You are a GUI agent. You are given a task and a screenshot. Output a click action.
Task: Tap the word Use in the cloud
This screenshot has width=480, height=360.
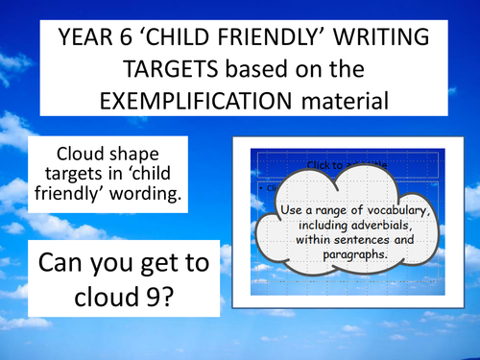293,211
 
